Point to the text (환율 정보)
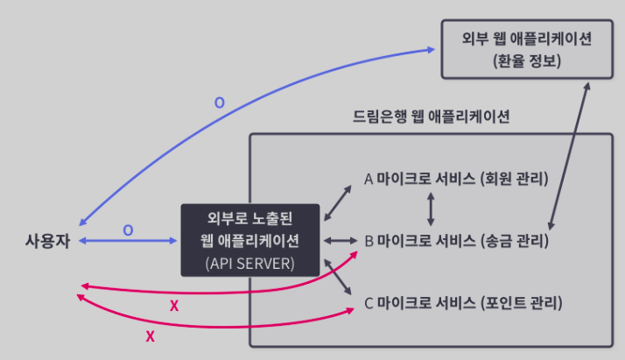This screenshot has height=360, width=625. pyautogui.click(x=527, y=64)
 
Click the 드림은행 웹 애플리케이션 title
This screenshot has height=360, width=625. pyautogui.click(x=432, y=116)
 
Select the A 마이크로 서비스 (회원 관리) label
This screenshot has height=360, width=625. pyautogui.click(x=455, y=180)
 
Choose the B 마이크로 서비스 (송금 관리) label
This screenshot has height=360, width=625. pyautogui.click(x=455, y=239)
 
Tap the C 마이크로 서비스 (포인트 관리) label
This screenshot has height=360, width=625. pyautogui.click(x=462, y=304)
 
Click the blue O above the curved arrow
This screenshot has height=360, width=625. pyautogui.click(x=219, y=102)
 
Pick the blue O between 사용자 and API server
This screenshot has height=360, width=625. pyautogui.click(x=128, y=229)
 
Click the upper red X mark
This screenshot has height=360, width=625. pyautogui.click(x=173, y=306)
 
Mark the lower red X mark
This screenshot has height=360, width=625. pyautogui.click(x=150, y=335)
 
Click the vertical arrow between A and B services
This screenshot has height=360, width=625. pyautogui.click(x=429, y=209)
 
